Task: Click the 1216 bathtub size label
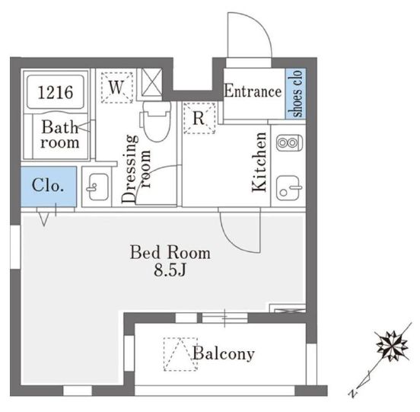[x=56, y=92]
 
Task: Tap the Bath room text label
[x=60, y=134]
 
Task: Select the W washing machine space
[x=117, y=88]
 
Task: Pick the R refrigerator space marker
[x=199, y=118]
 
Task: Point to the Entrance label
[x=253, y=91]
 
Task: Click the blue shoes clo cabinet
[x=295, y=94]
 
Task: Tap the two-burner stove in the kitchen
[x=289, y=142]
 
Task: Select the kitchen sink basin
[x=289, y=188]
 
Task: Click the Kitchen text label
[x=259, y=162]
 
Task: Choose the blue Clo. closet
[x=49, y=187]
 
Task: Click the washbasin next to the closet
[x=97, y=187]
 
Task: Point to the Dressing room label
[x=135, y=168]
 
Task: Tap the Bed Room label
[x=170, y=253]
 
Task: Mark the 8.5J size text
[x=170, y=270]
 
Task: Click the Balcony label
[x=224, y=353]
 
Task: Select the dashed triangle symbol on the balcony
[x=180, y=354]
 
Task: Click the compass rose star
[x=392, y=346]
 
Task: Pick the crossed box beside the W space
[x=151, y=82]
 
